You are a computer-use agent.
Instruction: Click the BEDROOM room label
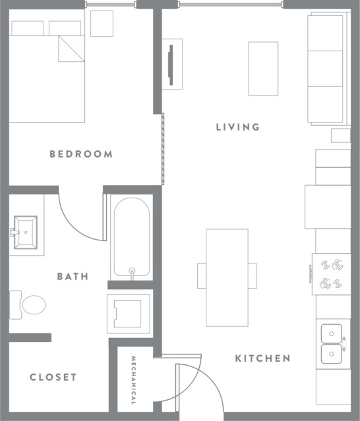coord(81,154)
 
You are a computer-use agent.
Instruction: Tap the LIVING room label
coord(238,127)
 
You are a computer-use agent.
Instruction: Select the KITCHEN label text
coord(262,358)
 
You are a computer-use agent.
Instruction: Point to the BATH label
coord(73,276)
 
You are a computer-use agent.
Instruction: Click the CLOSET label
coord(53,377)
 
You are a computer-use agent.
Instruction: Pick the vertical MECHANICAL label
coord(133,380)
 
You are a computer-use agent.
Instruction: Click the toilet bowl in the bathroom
coord(34,305)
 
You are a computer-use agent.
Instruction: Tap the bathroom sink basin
coord(26,233)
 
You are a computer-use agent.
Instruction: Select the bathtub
coord(132,237)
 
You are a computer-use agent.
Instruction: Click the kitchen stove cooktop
coord(331,274)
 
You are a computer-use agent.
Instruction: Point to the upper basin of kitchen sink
coord(332,334)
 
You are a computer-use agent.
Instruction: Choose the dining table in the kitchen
coord(227,277)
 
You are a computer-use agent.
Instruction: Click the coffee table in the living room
coord(263,69)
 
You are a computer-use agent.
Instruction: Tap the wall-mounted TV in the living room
coord(171,65)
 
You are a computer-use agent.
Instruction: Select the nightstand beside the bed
coord(102,24)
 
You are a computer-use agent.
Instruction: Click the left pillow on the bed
coord(28,28)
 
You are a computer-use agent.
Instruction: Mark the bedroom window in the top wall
coord(110,5)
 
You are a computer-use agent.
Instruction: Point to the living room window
coord(231,5)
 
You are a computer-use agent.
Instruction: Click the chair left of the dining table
coord(202,276)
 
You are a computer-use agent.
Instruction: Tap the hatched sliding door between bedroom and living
coord(163,149)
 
